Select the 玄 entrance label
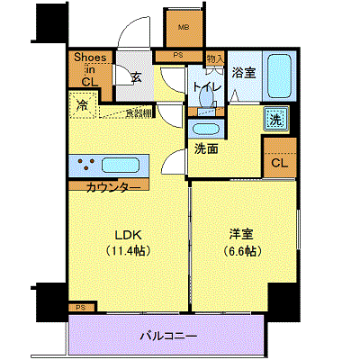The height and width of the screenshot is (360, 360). click(x=134, y=78)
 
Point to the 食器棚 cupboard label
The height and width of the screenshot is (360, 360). click(x=138, y=112)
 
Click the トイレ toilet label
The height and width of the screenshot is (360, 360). click(x=200, y=87)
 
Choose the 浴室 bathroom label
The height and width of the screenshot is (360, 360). click(x=244, y=72)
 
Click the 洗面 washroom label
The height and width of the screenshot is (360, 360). click(x=206, y=148)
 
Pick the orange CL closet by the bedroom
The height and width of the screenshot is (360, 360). click(x=280, y=163)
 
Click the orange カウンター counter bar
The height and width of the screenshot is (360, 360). click(x=113, y=187)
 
